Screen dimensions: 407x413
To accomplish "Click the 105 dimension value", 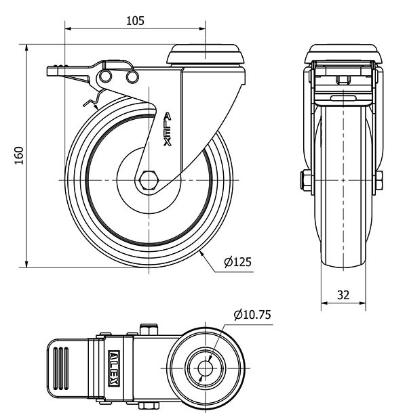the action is click(x=135, y=21).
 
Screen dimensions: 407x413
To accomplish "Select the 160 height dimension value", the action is click(x=19, y=156).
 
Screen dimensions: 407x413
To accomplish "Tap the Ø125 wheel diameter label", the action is click(x=238, y=262).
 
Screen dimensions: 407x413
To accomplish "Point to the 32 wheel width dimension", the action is click(x=343, y=295).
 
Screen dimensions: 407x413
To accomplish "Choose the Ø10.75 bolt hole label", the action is click(x=252, y=315).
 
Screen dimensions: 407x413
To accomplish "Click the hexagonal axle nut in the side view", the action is click(x=149, y=180).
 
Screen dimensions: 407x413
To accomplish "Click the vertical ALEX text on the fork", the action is click(x=167, y=129).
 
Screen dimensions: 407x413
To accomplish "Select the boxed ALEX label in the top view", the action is click(x=114, y=368).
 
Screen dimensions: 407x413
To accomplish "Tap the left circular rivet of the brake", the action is click(x=106, y=77).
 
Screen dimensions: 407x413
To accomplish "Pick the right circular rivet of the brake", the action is click(x=132, y=77).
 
